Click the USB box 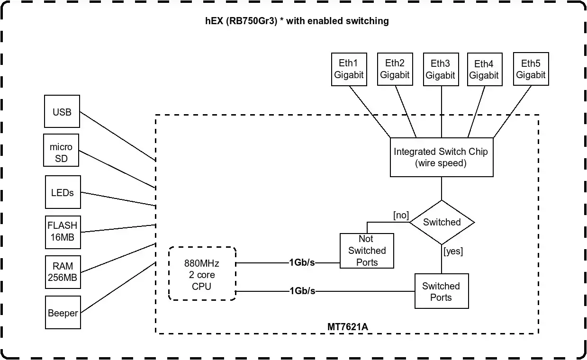click(x=62, y=112)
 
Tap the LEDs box click(x=63, y=192)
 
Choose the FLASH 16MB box click(x=62, y=232)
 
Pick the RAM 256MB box click(x=62, y=272)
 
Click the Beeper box click(x=63, y=313)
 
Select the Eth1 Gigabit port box click(x=349, y=69)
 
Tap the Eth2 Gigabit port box click(x=395, y=69)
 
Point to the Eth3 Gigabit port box click(x=441, y=69)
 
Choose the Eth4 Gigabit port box click(x=484, y=70)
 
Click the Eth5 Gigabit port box click(x=531, y=69)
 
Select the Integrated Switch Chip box click(x=441, y=157)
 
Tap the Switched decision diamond click(x=442, y=222)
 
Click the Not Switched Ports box click(x=367, y=251)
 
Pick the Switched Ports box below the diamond click(x=441, y=291)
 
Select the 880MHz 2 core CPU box click(x=202, y=274)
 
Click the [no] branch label click(x=401, y=216)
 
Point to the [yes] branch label click(x=453, y=251)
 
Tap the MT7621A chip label click(x=347, y=327)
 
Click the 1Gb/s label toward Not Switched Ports click(x=302, y=263)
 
